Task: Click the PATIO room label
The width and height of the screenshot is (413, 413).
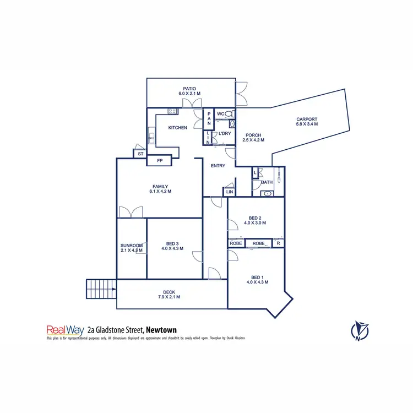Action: click(x=191, y=88)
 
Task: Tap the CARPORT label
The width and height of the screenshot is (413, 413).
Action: click(x=307, y=119)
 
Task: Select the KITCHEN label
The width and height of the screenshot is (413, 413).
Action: click(x=177, y=128)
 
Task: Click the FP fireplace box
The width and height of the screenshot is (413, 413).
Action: click(x=160, y=161)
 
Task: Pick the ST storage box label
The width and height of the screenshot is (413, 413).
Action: click(x=140, y=154)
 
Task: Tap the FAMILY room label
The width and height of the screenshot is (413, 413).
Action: click(x=160, y=187)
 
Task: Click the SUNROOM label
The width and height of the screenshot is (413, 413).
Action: click(x=132, y=246)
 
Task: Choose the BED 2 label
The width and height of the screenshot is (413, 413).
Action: click(x=255, y=218)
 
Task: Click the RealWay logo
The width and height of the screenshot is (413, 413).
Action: click(x=65, y=330)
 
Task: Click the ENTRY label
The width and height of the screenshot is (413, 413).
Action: click(x=218, y=166)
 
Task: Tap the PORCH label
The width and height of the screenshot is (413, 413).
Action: click(x=253, y=135)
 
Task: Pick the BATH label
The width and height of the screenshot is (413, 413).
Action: click(x=267, y=182)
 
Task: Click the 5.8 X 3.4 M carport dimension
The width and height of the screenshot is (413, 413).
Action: click(x=307, y=124)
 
